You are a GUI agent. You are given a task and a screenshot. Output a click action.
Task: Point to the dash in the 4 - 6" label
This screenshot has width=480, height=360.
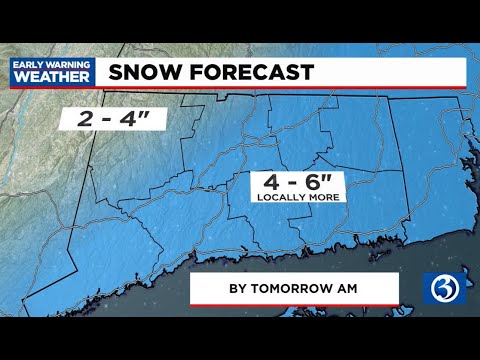[293, 184]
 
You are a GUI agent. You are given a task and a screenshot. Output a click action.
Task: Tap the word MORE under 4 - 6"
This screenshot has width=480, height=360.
[328, 198]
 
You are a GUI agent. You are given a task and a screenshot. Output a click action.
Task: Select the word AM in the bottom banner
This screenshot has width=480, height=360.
[346, 288]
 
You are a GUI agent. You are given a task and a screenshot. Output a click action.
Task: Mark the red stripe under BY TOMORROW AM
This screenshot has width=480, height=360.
[294, 304]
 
